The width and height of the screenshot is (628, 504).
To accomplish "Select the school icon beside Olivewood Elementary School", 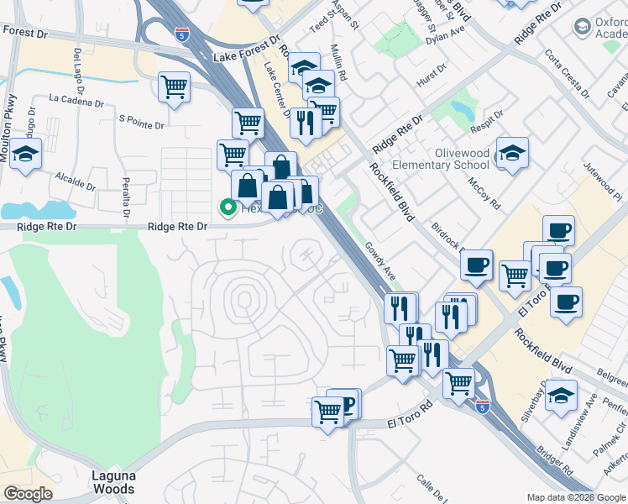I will [x=511, y=153].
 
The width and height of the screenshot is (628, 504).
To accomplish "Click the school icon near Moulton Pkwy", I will [x=25, y=154].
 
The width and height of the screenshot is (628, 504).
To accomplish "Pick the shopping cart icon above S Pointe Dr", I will [x=174, y=87].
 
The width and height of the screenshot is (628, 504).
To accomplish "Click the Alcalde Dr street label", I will [x=76, y=177].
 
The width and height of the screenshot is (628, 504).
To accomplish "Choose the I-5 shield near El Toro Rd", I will [x=482, y=406].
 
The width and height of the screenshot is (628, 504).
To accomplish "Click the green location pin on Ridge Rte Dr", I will [x=227, y=207].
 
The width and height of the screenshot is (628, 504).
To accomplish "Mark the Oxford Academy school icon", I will [x=582, y=27].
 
